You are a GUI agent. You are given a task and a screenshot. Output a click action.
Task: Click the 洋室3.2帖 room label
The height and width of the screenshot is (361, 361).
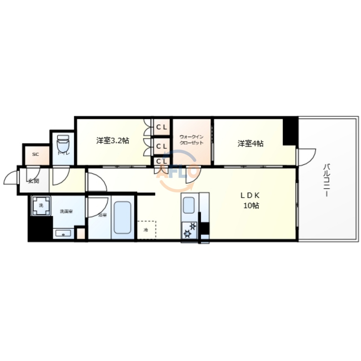coord(113,141)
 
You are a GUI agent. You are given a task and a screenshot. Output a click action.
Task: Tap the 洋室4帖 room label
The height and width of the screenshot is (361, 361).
coord(250,144)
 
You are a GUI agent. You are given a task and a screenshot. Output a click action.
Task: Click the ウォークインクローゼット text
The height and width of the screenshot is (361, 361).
coord(191,140)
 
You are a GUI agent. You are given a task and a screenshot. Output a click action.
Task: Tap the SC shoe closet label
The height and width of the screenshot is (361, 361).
coord(35,154)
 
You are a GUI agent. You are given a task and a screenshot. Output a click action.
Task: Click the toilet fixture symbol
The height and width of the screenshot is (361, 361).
coord(63,144)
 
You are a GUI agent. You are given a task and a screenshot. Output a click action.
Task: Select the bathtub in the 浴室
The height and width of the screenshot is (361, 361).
coord(123,217)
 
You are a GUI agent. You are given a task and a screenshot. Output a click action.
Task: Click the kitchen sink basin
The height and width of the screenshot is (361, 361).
coord(188,205)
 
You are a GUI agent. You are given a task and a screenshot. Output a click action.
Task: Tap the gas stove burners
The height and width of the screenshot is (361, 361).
coord(190,230)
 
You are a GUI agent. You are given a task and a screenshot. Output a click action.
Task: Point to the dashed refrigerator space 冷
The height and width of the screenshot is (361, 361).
coord(146,230)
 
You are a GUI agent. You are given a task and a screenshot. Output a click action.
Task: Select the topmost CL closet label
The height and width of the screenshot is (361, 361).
coord(162,127)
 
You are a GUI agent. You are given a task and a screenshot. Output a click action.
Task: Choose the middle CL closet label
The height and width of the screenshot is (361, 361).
coord(162,146)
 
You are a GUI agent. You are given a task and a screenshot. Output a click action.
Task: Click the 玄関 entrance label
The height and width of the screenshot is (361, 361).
coord(33,181)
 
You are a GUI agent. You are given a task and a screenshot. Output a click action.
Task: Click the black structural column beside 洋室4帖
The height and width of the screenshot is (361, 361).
coord(290,131)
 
